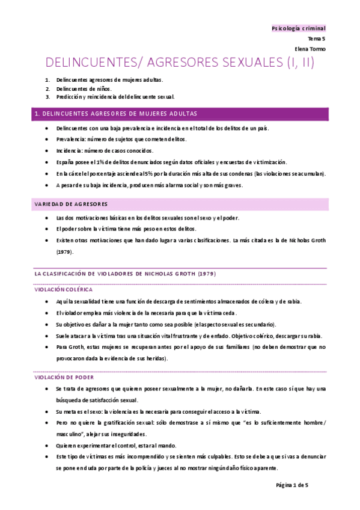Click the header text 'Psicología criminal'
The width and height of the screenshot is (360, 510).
click(299, 28)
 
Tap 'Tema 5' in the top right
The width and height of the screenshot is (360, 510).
click(316, 38)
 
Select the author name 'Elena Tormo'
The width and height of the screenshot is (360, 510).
click(310, 49)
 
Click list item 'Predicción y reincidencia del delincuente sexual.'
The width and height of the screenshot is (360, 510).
click(115, 97)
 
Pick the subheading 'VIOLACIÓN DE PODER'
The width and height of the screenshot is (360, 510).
click(64, 378)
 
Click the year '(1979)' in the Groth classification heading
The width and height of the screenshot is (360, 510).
click(205, 274)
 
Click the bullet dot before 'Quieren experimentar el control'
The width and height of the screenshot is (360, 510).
click(47, 446)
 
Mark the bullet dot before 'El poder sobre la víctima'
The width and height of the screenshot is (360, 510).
click(47, 229)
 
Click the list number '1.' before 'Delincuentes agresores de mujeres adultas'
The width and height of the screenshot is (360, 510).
click(47, 80)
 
